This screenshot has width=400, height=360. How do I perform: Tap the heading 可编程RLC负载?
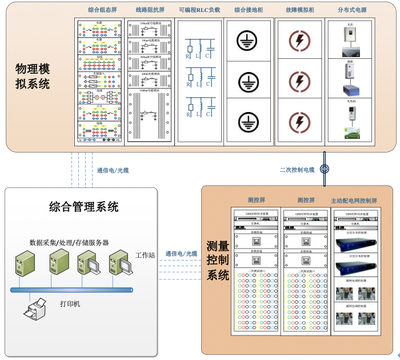[x=199, y=10]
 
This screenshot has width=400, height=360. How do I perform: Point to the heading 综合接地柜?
[x=249, y=10]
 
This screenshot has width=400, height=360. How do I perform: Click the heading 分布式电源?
[x=352, y=10]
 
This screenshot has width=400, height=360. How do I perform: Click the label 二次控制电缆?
[x=297, y=170]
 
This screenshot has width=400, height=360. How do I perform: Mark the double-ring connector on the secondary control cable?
[x=324, y=169]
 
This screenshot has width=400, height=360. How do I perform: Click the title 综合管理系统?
[x=84, y=206]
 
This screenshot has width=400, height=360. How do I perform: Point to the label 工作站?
[x=145, y=254]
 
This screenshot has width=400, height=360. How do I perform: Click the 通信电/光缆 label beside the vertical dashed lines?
[x=113, y=170]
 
